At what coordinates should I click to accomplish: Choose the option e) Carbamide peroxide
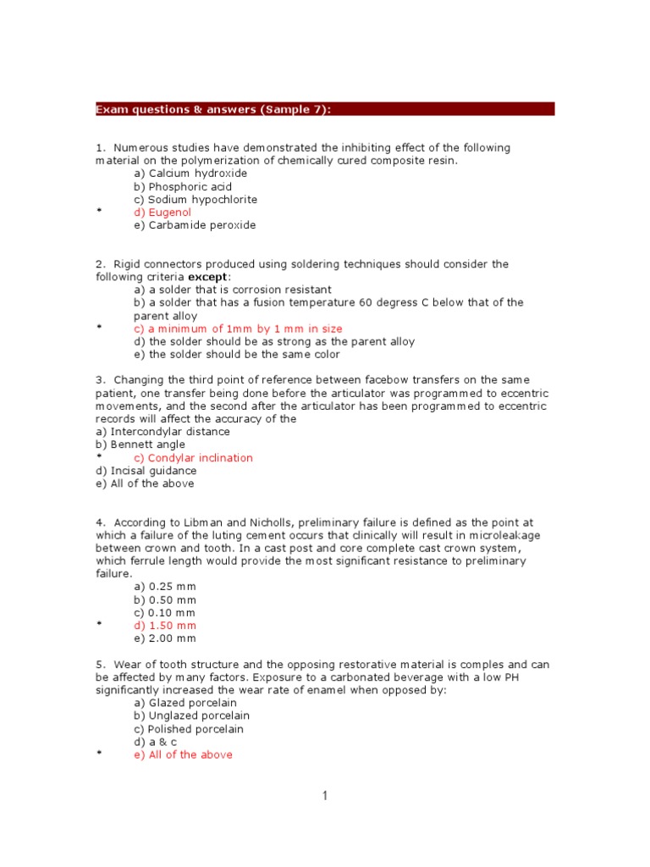[195, 225]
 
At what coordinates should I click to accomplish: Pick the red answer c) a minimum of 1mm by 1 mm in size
[238, 329]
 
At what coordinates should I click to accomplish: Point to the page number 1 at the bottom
[324, 796]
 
